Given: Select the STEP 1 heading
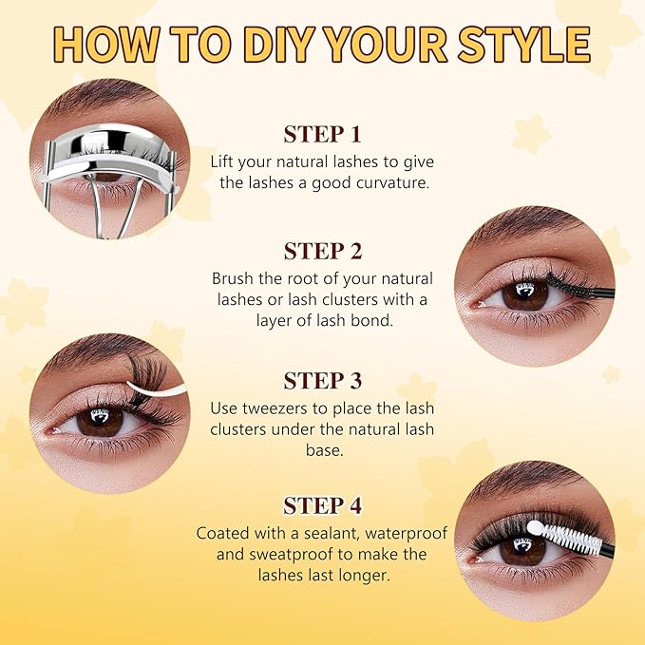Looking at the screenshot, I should click(322, 134).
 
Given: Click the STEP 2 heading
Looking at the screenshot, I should click(322, 252).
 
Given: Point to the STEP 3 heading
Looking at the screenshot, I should click(322, 381).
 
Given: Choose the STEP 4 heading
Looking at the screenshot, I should click(322, 505).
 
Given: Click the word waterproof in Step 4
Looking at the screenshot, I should click(403, 533).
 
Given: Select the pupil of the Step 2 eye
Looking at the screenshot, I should click(524, 293).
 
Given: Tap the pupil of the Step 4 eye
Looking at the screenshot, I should click(523, 549).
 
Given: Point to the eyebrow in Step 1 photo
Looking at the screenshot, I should click(95, 101).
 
